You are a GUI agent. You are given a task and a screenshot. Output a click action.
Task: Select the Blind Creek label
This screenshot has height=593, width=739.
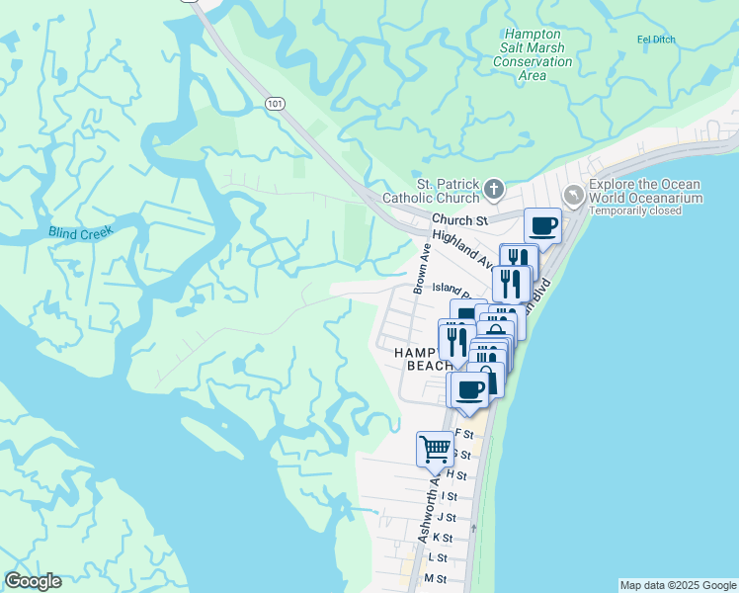pos(81,232)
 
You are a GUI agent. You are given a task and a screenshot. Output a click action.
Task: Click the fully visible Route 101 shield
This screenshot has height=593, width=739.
pos(275,103)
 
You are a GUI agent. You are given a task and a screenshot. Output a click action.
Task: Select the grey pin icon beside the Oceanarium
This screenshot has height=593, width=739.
pos(573,194)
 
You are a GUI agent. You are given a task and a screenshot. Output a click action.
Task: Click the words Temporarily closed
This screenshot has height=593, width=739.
pos(645,212)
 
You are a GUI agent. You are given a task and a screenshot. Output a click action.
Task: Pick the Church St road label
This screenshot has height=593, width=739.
pos(459,219)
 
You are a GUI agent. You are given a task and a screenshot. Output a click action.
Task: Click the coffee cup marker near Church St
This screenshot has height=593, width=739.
pos(542,226)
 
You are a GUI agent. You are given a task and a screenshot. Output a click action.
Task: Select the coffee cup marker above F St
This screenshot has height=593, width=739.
pos(471,388)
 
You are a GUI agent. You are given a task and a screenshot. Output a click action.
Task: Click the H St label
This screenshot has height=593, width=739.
pos(455,475)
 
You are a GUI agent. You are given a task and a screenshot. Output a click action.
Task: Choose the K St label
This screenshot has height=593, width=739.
pos(442,538)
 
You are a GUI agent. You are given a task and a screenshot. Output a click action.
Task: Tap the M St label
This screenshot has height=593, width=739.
pos(435,578)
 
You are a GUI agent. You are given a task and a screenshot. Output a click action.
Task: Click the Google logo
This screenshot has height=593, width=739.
pos(33,581)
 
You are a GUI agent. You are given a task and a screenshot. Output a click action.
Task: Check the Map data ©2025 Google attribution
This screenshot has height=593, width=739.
pos(677,585)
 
